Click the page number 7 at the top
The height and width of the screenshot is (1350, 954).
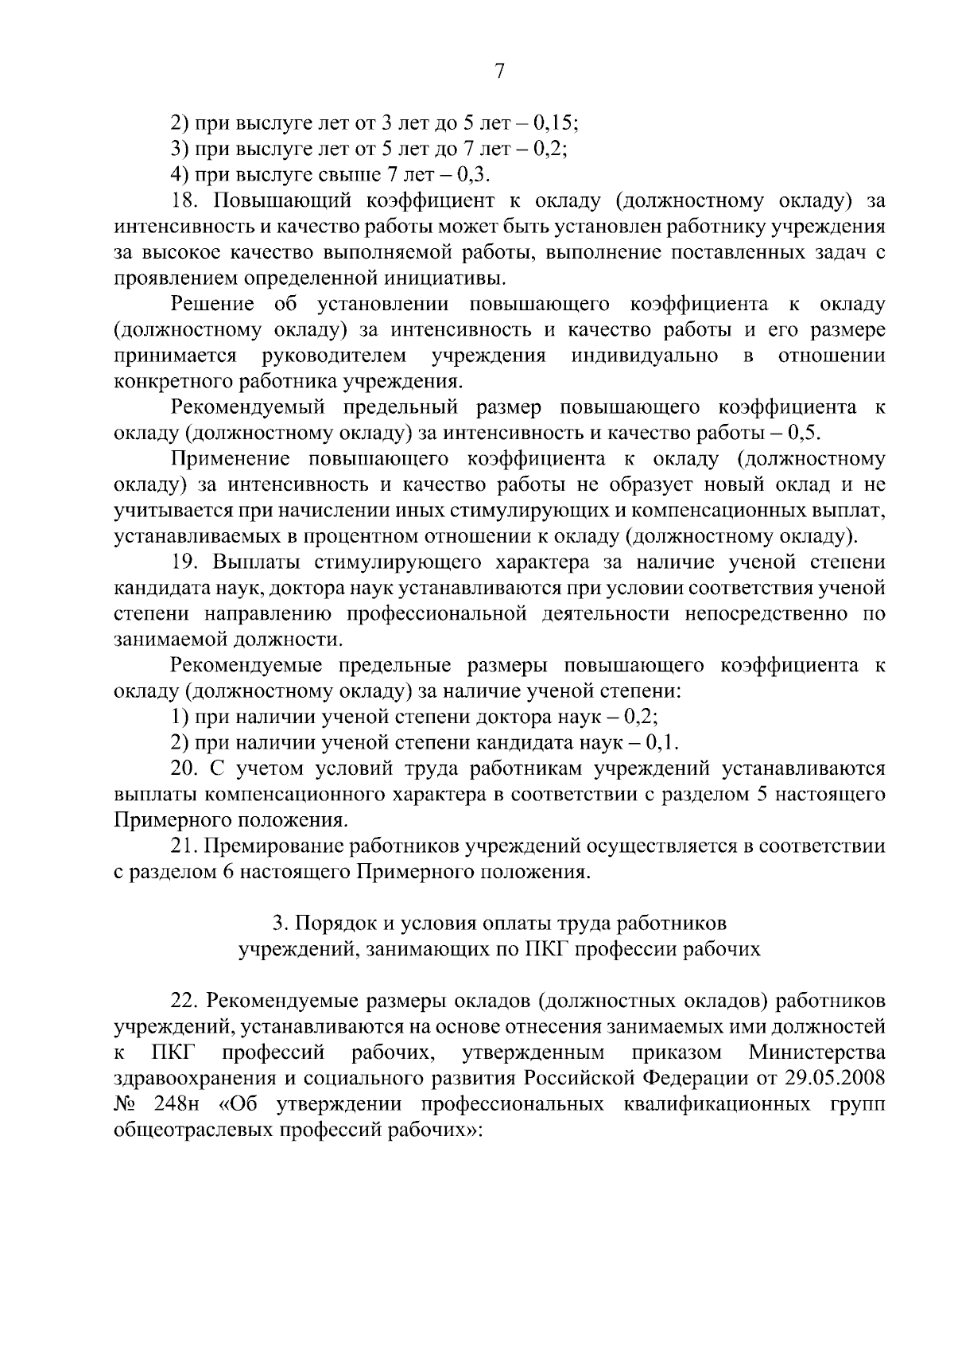499,72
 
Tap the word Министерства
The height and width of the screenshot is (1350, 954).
816,1052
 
